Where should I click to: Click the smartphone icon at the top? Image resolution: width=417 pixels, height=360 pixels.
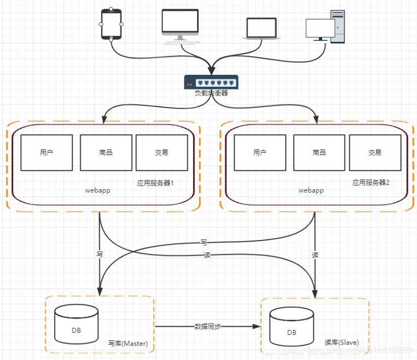coord(111,24)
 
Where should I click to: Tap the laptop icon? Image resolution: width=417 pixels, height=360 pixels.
coord(261,28)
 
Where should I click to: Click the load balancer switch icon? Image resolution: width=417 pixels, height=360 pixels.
coord(211,82)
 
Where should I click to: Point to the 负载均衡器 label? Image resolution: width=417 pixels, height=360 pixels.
coord(211,93)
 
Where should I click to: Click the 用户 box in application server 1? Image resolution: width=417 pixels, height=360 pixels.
coord(47,153)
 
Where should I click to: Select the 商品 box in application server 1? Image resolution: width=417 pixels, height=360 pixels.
coord(106,153)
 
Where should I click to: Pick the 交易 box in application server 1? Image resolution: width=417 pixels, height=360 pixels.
coord(162,153)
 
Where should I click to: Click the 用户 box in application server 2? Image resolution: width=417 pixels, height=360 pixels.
coord(260,153)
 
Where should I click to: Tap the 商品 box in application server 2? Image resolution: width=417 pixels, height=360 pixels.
coord(319,153)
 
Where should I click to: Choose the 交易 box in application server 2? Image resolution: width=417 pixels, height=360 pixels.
coord(375,153)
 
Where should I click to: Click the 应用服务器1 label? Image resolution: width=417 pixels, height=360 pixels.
coord(155,183)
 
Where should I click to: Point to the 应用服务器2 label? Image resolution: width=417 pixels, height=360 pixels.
coord(371,183)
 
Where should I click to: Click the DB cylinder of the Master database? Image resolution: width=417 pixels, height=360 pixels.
coord(76,325)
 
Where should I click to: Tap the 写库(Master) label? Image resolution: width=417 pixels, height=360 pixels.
coord(128,344)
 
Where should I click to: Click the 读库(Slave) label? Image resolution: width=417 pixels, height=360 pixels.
coord(342,343)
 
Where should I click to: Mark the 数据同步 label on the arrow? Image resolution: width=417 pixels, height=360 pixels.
coord(208,327)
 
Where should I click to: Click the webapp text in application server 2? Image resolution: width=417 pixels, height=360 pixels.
coord(311,191)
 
